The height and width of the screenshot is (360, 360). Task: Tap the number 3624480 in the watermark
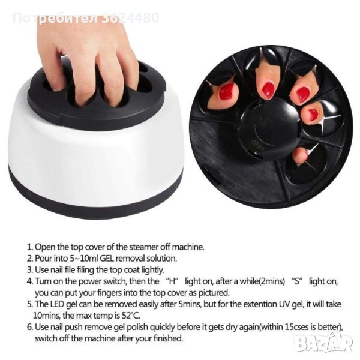coord(130,18)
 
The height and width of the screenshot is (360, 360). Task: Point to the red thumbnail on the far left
coord(227,91)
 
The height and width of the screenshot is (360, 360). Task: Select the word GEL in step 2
coord(106,259)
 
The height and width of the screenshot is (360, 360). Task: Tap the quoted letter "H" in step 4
coord(172,281)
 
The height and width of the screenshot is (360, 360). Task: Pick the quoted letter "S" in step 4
coord(297,281)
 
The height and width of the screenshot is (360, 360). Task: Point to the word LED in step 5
coord(57,304)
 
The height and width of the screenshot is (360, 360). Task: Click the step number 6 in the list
coord(30,327)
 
